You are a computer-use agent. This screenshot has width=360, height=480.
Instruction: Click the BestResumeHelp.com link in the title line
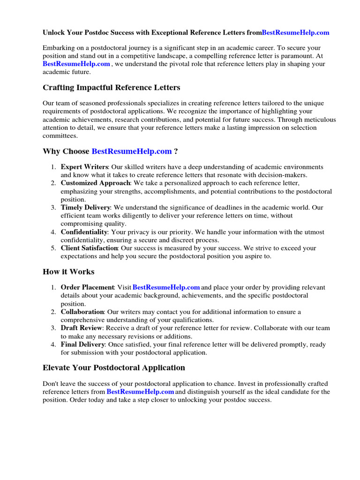tap(295, 33)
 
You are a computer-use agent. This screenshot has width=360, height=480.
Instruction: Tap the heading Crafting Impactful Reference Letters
tap(112, 88)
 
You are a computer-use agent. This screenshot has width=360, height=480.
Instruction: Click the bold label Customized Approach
tap(95, 183)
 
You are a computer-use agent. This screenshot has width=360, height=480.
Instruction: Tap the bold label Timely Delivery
tap(85, 208)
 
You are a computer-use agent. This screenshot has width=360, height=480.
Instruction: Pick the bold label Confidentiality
tap(84, 232)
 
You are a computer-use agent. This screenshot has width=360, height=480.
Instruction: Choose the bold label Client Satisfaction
tap(89, 248)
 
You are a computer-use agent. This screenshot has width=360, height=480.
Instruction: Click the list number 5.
tap(54, 248)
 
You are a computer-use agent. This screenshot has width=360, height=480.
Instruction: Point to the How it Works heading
tap(68, 272)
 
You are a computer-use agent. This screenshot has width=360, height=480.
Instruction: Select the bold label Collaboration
tap(82, 312)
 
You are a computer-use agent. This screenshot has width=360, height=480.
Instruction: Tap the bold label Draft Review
tap(82, 328)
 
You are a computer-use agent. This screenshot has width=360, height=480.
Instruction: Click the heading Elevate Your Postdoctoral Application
tap(114, 367)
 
